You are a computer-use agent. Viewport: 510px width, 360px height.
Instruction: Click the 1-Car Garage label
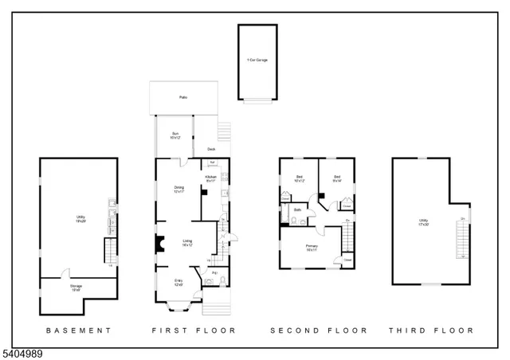pyautogui.click(x=257, y=61)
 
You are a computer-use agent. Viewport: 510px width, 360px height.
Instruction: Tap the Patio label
pyautogui.click(x=182, y=98)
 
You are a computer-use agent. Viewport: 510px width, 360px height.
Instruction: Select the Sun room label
pyautogui.click(x=174, y=136)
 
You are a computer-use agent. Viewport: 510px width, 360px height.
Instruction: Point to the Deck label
pyautogui.click(x=211, y=149)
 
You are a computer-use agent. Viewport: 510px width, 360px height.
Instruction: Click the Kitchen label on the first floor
pyautogui.click(x=211, y=178)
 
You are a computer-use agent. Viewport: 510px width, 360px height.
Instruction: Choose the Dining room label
pyautogui.click(x=179, y=190)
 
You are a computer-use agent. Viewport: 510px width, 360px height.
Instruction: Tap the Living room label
pyautogui.click(x=187, y=242)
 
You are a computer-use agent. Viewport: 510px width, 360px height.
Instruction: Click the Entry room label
pyautogui.click(x=178, y=282)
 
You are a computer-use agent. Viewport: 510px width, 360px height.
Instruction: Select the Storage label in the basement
pyautogui.click(x=76, y=288)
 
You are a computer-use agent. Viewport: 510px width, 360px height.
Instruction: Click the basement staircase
pyautogui.click(x=111, y=254)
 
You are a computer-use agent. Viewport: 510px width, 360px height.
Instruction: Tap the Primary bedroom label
pyautogui.click(x=312, y=248)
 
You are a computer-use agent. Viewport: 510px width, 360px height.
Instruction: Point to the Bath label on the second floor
pyautogui.click(x=297, y=210)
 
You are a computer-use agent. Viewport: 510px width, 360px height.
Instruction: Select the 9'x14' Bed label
pyautogui.click(x=337, y=178)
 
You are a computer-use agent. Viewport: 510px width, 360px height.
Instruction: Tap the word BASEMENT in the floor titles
pyautogui.click(x=78, y=330)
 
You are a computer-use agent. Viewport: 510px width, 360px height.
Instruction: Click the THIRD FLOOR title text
pyautogui.click(x=431, y=330)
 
